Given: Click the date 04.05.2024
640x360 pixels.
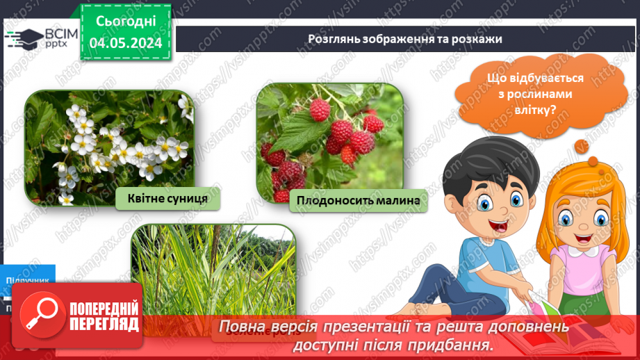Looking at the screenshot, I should click(x=125, y=42).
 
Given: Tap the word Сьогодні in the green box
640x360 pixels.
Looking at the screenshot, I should click(x=125, y=21).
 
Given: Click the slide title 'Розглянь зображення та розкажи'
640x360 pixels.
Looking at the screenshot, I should click(x=405, y=39).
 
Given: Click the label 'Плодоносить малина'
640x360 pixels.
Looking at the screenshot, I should click(x=358, y=201).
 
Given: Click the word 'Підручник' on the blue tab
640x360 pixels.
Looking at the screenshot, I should click(x=28, y=280).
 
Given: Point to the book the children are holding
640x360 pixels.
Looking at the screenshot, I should click(x=549, y=327).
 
